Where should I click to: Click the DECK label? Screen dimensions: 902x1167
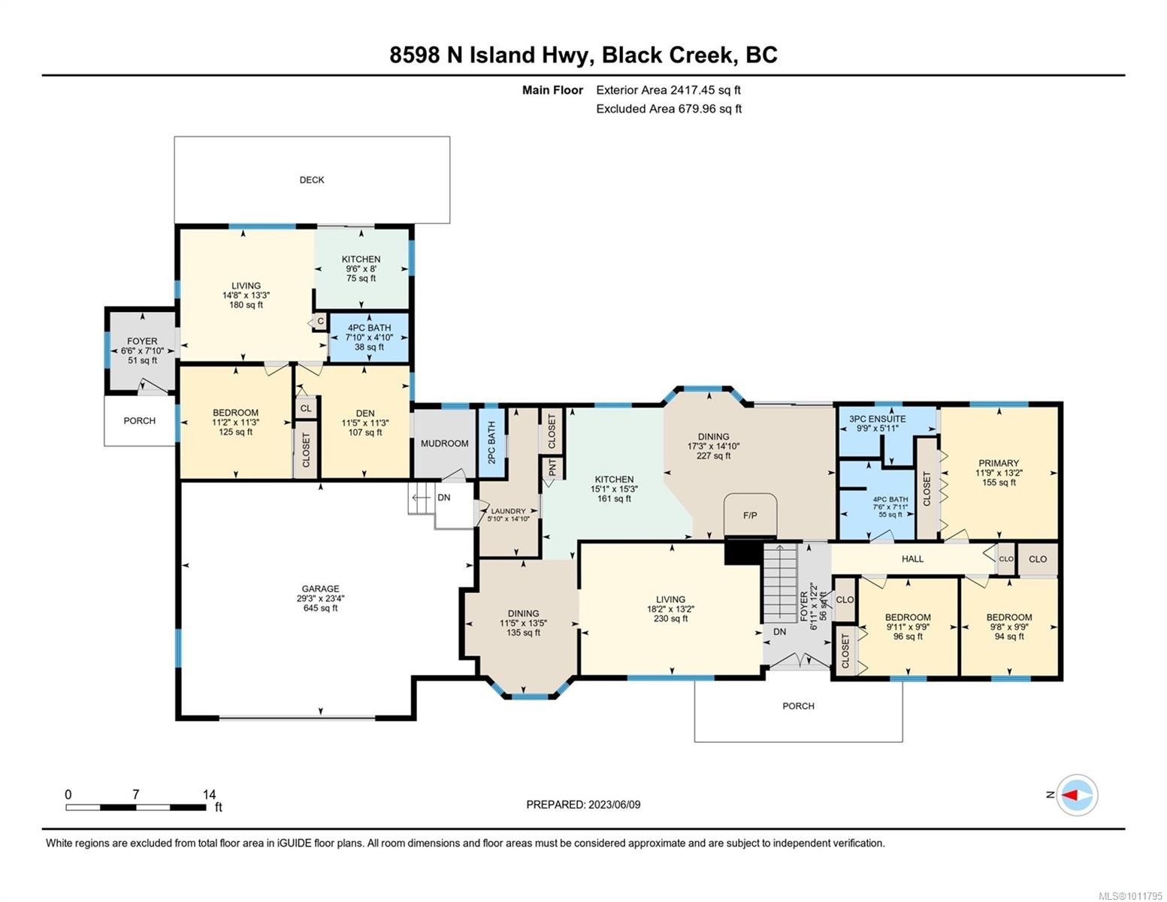[x=312, y=180]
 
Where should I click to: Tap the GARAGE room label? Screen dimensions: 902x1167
[x=320, y=589]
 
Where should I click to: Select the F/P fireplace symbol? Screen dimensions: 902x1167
[x=749, y=516]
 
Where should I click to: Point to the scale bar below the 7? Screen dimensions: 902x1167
[x=136, y=807]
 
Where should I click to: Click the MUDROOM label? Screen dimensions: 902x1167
[x=444, y=443]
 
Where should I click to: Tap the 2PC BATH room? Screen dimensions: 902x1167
[x=491, y=442]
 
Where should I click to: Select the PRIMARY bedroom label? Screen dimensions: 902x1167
[x=998, y=463]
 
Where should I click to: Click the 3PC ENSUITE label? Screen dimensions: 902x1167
[x=877, y=419]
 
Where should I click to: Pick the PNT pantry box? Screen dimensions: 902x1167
[x=552, y=468]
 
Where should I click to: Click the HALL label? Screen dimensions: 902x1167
[x=912, y=558]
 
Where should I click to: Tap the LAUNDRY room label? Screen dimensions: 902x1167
[x=508, y=511]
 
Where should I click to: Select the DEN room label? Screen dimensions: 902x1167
[x=365, y=413]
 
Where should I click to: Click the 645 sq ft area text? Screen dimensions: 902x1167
[x=320, y=608]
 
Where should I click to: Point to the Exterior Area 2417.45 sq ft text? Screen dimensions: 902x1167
[x=668, y=90]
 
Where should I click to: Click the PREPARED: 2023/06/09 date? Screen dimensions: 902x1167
[x=583, y=804]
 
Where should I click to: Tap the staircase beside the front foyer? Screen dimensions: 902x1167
[x=781, y=582]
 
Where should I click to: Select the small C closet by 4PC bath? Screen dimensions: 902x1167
[x=320, y=322]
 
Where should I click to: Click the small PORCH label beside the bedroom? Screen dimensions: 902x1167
[x=140, y=421]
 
